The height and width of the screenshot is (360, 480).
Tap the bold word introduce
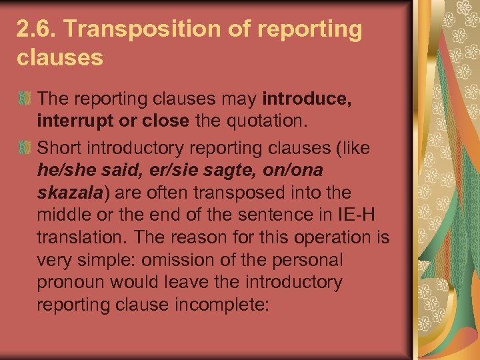click(x=307, y=99)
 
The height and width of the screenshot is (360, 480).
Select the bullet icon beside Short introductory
click(x=25, y=147)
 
